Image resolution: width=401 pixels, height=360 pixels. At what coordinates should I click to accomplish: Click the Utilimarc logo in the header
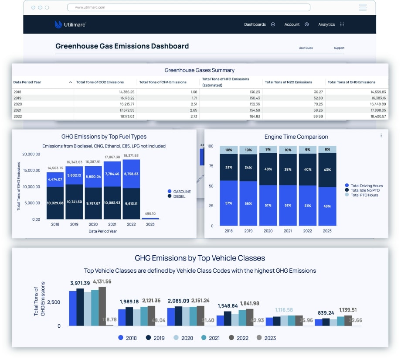[x=70, y=24]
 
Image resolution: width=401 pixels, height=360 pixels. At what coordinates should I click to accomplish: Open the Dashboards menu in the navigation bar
[x=259, y=24]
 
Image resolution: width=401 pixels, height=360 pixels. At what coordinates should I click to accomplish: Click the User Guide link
[x=306, y=48]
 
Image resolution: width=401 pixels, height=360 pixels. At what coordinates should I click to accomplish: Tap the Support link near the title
[x=339, y=48]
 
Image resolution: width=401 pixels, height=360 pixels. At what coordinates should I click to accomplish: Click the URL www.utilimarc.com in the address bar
[x=90, y=7]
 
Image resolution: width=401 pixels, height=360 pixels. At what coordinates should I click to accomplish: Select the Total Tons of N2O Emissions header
[x=288, y=82]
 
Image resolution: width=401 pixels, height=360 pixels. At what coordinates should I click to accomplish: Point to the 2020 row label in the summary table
[x=17, y=104]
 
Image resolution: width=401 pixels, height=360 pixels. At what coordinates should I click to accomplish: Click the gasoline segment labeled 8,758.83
[x=132, y=174]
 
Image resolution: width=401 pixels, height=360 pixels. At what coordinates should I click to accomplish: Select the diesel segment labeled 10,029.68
[x=55, y=203]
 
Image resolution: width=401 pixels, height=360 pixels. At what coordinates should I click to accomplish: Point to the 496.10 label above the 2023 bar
[x=150, y=214]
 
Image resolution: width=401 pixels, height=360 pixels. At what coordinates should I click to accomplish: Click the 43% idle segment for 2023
[x=327, y=170]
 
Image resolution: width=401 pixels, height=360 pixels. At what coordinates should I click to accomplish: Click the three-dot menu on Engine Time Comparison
[x=381, y=136]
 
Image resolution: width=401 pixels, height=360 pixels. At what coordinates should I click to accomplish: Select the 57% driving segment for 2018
[x=229, y=203]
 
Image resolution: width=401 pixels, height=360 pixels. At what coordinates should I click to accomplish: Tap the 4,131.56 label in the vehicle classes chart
[x=102, y=281]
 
